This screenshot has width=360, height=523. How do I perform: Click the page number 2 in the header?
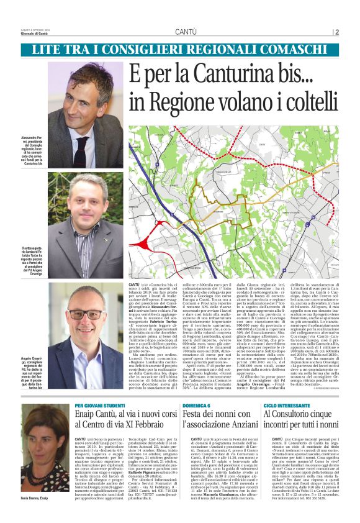pyautogui.click(x=336, y=32)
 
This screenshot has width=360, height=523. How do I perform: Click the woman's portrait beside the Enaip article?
pyautogui.click(x=45, y=439)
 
